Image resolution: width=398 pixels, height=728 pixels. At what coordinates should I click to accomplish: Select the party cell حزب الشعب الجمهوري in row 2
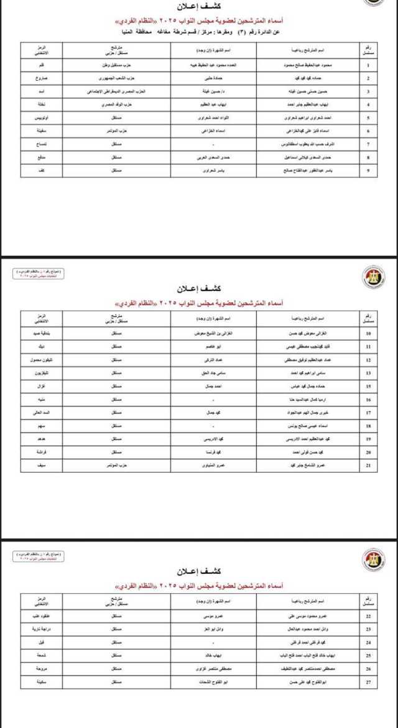point(116,79)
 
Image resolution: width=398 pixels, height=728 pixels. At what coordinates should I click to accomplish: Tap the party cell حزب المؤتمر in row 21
point(116,465)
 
